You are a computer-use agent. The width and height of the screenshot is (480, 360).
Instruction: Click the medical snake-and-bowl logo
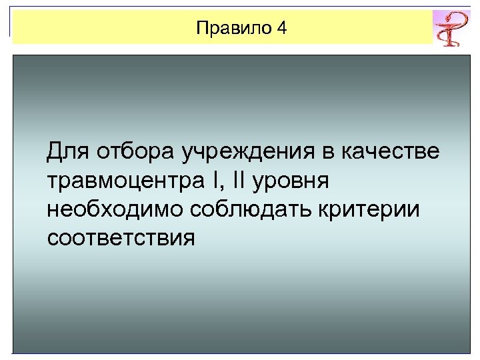pos(451,28)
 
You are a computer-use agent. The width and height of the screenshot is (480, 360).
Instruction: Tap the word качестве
pos(390,152)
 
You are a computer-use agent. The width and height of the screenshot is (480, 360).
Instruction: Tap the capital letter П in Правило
pos(203,28)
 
